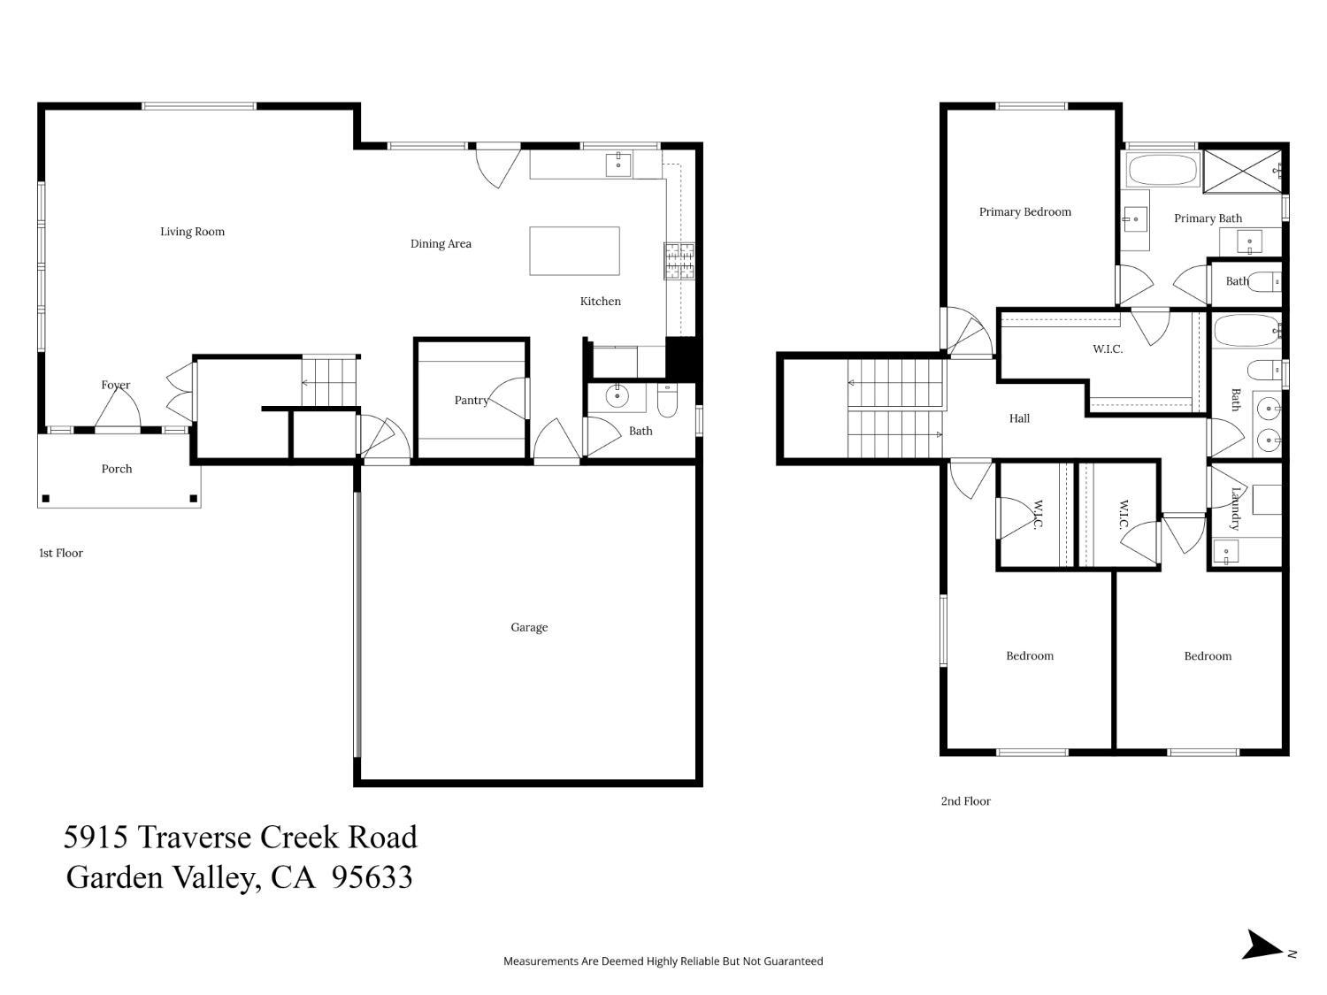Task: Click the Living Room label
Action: [x=192, y=232]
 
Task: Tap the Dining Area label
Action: [x=441, y=244]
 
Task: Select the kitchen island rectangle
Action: [x=574, y=251]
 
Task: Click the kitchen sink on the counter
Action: [x=618, y=165]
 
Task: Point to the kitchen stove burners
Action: [x=679, y=261]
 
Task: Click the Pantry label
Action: [x=471, y=401]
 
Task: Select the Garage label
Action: [x=529, y=627]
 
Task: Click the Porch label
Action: [x=117, y=469]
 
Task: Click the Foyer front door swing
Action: [x=118, y=409]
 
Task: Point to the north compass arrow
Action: [x=1263, y=945]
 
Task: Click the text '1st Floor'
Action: [x=61, y=553]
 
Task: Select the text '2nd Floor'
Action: [x=965, y=801]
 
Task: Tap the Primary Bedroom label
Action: [x=1024, y=212]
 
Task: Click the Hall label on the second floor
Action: [x=1019, y=418]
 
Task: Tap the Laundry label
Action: [x=1236, y=509]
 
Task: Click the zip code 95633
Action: [x=372, y=877]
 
